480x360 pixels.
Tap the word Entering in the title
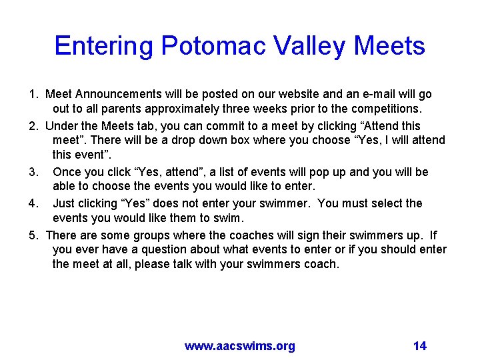click(104, 46)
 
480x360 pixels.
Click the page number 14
click(420, 345)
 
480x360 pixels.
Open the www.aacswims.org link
click(240, 345)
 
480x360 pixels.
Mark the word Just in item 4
click(65, 203)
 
